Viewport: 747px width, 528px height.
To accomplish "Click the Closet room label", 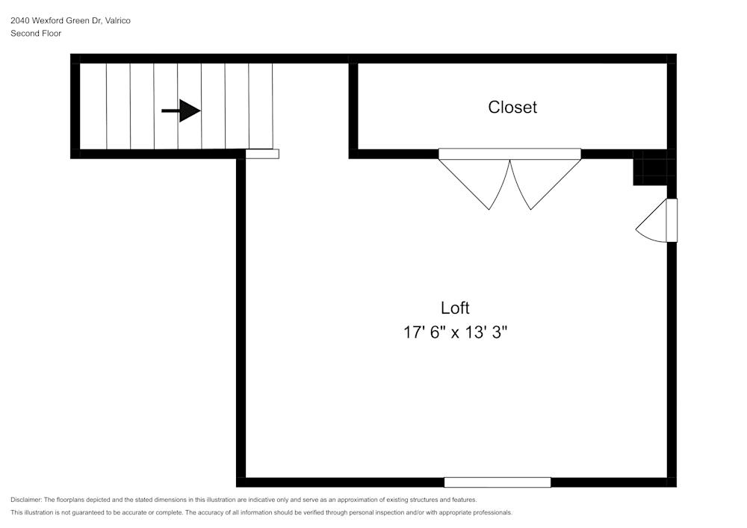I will tap(512, 107).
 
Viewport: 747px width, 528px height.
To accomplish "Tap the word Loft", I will tap(455, 308).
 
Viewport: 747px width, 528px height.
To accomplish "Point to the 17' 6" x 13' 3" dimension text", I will tap(456, 332).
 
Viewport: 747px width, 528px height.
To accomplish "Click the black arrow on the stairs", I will tap(181, 111).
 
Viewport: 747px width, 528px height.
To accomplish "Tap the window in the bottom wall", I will tap(498, 482).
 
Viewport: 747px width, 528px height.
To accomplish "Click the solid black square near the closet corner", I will tap(649, 167).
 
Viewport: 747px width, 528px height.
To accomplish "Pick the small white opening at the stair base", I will tap(262, 154).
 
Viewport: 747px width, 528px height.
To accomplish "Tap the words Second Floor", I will tap(36, 34).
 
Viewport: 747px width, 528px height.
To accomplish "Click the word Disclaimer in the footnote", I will tap(26, 500).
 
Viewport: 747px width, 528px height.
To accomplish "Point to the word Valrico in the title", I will tap(118, 21).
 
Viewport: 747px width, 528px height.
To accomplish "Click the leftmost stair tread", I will tap(93, 106).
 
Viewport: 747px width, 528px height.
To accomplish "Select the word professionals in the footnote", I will tap(489, 513).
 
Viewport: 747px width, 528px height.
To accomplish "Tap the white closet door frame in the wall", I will tap(509, 154).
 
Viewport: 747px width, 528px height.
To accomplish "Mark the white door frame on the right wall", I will tap(672, 220).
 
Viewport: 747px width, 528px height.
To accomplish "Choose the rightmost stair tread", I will tap(261, 106).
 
